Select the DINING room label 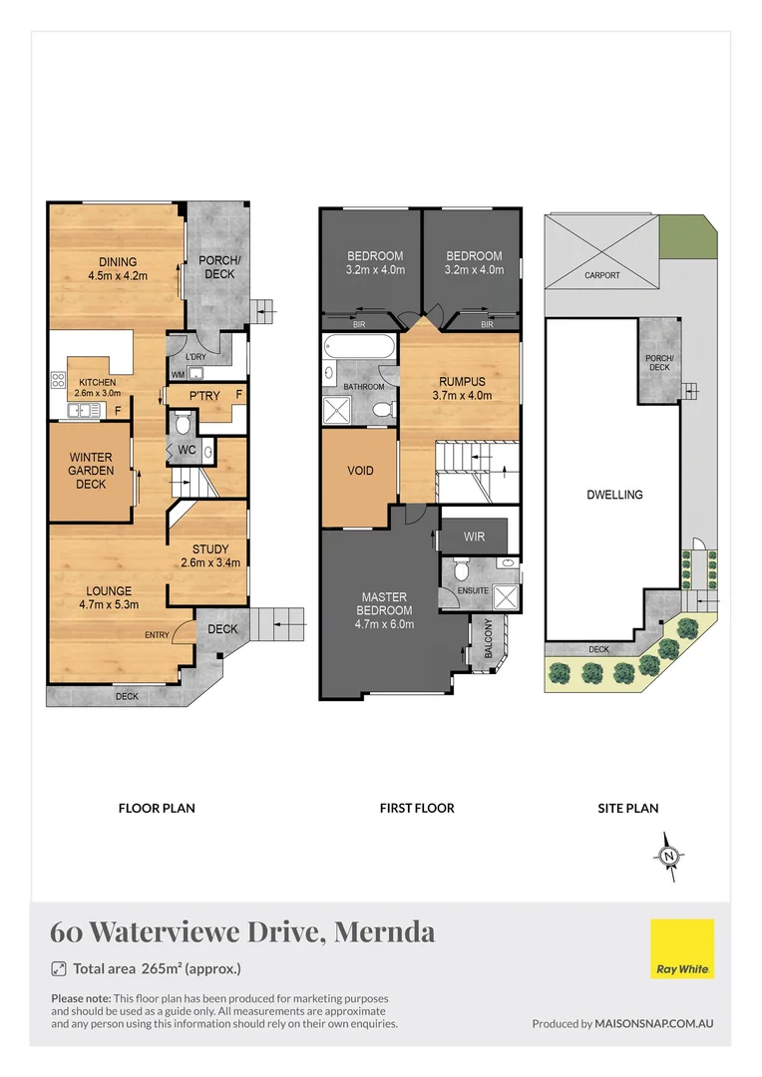118,269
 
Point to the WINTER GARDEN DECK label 91,470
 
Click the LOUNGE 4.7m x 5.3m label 108,597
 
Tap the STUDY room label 210,555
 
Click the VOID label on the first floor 360,470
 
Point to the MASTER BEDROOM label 384,610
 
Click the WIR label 475,537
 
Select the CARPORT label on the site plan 601,275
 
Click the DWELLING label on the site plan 614,495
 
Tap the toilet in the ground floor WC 182,424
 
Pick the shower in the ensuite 506,595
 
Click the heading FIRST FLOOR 417,808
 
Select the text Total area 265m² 157,968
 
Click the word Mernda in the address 384,932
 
